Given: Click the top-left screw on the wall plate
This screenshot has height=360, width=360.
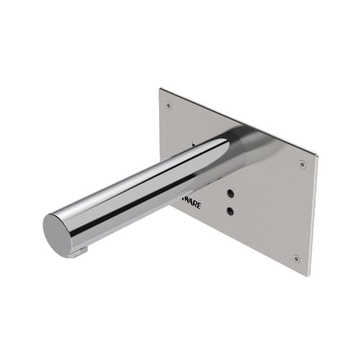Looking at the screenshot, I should point(168,105).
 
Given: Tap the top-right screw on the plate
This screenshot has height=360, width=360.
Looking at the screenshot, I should point(302,165).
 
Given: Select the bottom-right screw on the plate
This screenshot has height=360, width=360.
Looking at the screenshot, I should point(297,258).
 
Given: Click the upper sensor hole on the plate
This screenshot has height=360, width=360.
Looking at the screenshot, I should point(229,194).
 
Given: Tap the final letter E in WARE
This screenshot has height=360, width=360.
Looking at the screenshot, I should point(199,207).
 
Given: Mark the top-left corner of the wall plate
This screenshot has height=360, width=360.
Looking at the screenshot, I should point(160,89).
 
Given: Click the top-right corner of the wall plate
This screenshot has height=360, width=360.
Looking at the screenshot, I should point(316,153).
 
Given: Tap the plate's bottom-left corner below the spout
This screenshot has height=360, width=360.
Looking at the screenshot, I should point(171,205).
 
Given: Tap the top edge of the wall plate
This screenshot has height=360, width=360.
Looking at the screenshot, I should point(238,120).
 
